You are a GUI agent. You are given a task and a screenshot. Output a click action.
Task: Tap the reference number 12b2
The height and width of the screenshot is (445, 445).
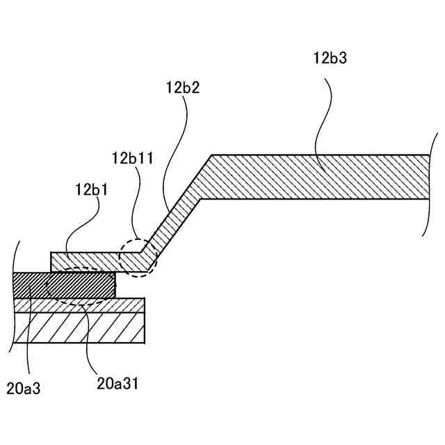183,88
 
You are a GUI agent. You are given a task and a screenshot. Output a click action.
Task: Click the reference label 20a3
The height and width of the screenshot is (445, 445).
24,388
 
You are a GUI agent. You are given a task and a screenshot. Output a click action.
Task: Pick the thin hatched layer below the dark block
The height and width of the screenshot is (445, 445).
125,305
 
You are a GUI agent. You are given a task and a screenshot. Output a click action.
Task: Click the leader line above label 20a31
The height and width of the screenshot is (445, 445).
87,334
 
